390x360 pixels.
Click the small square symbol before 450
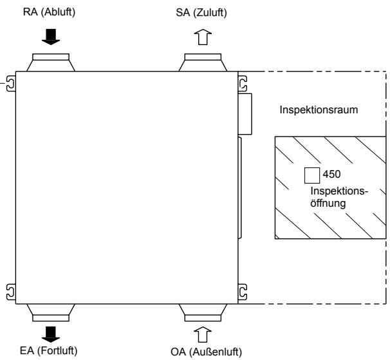pyautogui.click(x=311, y=175)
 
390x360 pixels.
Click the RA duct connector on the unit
pyautogui.click(x=51, y=62)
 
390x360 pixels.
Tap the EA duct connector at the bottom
pyautogui.click(x=51, y=312)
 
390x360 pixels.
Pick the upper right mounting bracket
pyautogui.click(x=243, y=84)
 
